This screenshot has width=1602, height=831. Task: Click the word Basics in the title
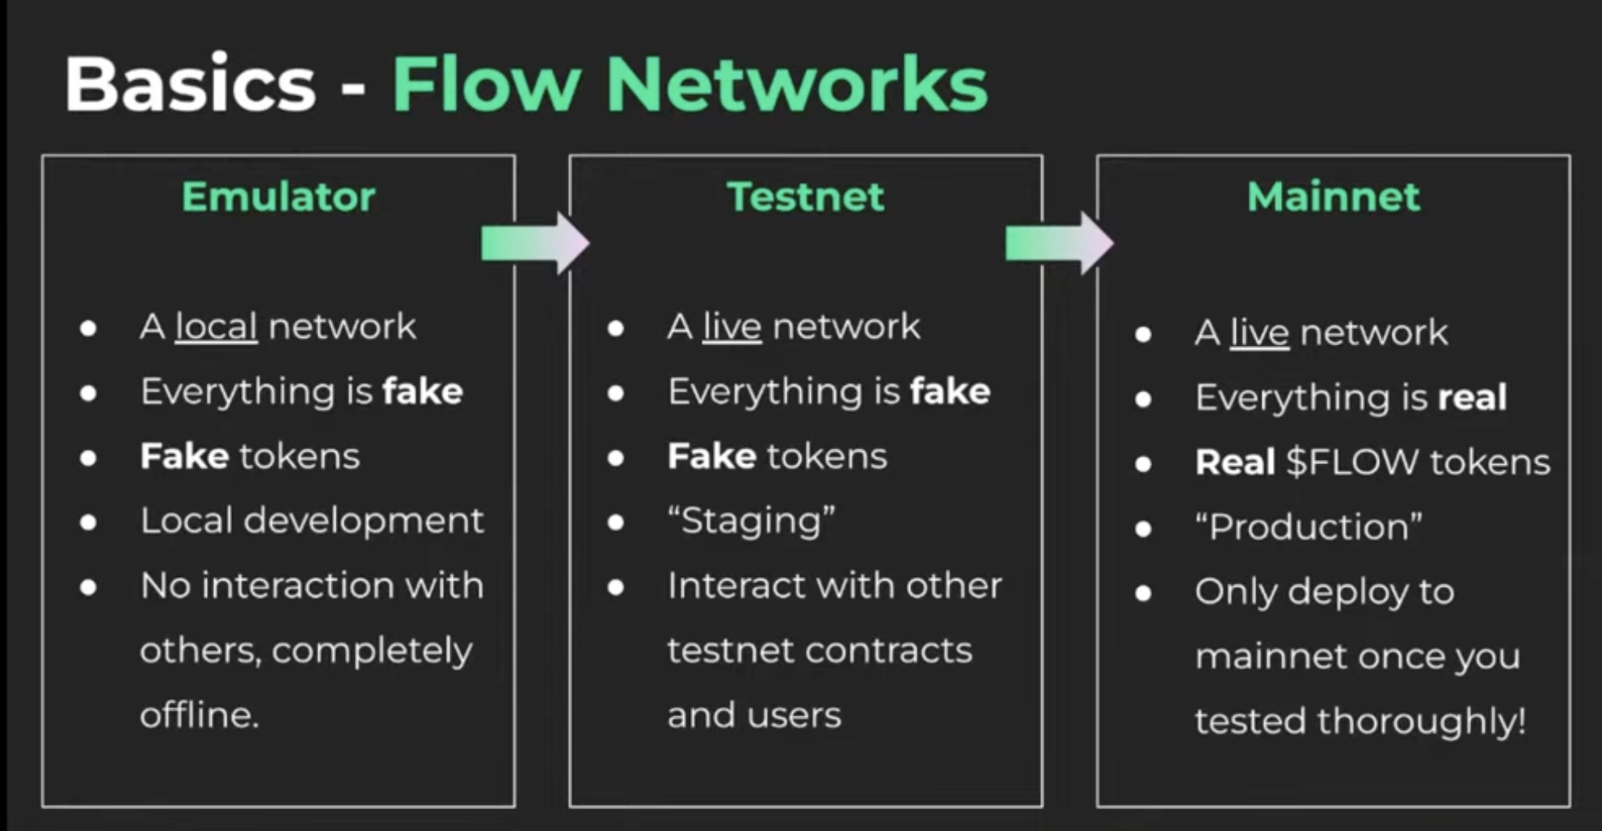(x=190, y=85)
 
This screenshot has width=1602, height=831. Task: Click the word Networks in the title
(x=796, y=85)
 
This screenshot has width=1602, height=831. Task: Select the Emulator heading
(x=278, y=196)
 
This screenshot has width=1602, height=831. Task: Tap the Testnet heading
(x=805, y=196)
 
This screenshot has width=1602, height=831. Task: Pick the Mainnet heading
(x=1333, y=196)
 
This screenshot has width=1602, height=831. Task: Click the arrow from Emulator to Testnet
(x=534, y=243)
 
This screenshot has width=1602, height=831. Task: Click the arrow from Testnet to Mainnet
(x=1059, y=243)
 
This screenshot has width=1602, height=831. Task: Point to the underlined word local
(x=216, y=327)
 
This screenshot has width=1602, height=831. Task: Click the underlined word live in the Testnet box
(x=731, y=327)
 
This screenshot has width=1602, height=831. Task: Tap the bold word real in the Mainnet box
(x=1472, y=398)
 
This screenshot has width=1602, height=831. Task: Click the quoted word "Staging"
(x=751, y=521)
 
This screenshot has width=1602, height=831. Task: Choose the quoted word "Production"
(x=1308, y=527)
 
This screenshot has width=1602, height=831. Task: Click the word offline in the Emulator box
(x=198, y=715)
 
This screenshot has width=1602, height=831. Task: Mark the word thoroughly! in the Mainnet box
(x=1421, y=721)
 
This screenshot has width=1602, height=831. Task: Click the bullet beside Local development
(x=89, y=522)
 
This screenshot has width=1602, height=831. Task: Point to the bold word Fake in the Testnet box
(x=711, y=457)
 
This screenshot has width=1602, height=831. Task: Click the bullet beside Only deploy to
(x=1143, y=593)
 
